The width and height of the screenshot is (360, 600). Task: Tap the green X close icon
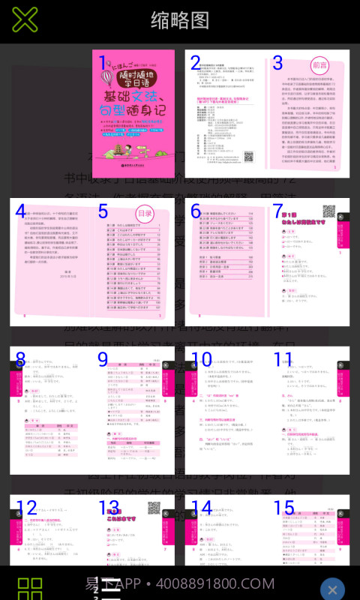25,20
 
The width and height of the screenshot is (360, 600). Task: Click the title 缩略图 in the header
180,20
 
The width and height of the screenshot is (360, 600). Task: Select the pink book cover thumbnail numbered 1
133,114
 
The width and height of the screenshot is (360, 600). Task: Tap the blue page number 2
196,63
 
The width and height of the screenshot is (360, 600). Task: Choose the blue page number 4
20,212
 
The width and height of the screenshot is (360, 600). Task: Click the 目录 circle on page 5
145,214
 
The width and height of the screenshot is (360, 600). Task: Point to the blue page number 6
196,212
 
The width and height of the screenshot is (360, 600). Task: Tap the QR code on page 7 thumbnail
328,211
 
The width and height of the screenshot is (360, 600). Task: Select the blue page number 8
20,360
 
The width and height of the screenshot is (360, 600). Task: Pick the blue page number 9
103,360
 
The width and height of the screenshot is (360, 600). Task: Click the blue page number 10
202,360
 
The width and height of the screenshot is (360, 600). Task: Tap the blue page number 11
283,360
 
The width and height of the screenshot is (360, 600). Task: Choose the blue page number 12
26,508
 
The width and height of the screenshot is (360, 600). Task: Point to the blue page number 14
202,508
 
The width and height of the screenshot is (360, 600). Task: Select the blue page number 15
283,508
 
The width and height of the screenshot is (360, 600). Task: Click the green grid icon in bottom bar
30,586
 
